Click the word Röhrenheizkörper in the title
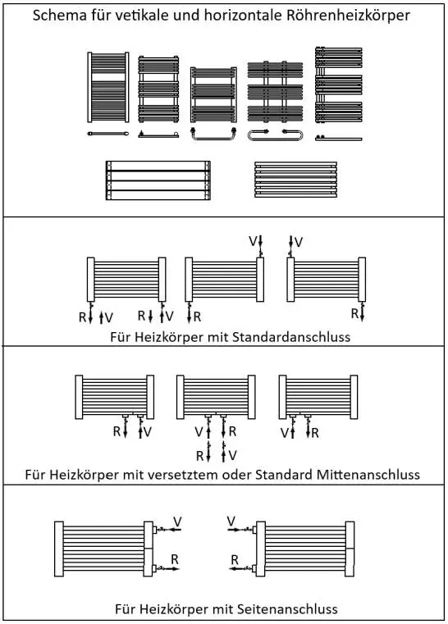(x=348, y=16)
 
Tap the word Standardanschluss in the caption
(x=291, y=337)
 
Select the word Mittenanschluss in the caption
(x=368, y=475)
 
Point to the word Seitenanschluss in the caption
(x=287, y=609)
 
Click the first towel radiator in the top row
(x=108, y=87)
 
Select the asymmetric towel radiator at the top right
(x=339, y=84)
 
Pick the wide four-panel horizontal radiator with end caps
(x=158, y=180)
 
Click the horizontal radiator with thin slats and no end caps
(x=296, y=180)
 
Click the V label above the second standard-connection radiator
(x=253, y=241)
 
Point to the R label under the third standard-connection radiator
(x=354, y=313)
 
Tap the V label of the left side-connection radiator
(x=177, y=522)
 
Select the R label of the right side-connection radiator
(x=235, y=560)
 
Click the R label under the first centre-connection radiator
(x=117, y=431)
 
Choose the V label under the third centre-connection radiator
(x=285, y=433)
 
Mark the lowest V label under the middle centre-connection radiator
(x=233, y=455)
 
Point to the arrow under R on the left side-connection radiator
(x=167, y=569)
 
